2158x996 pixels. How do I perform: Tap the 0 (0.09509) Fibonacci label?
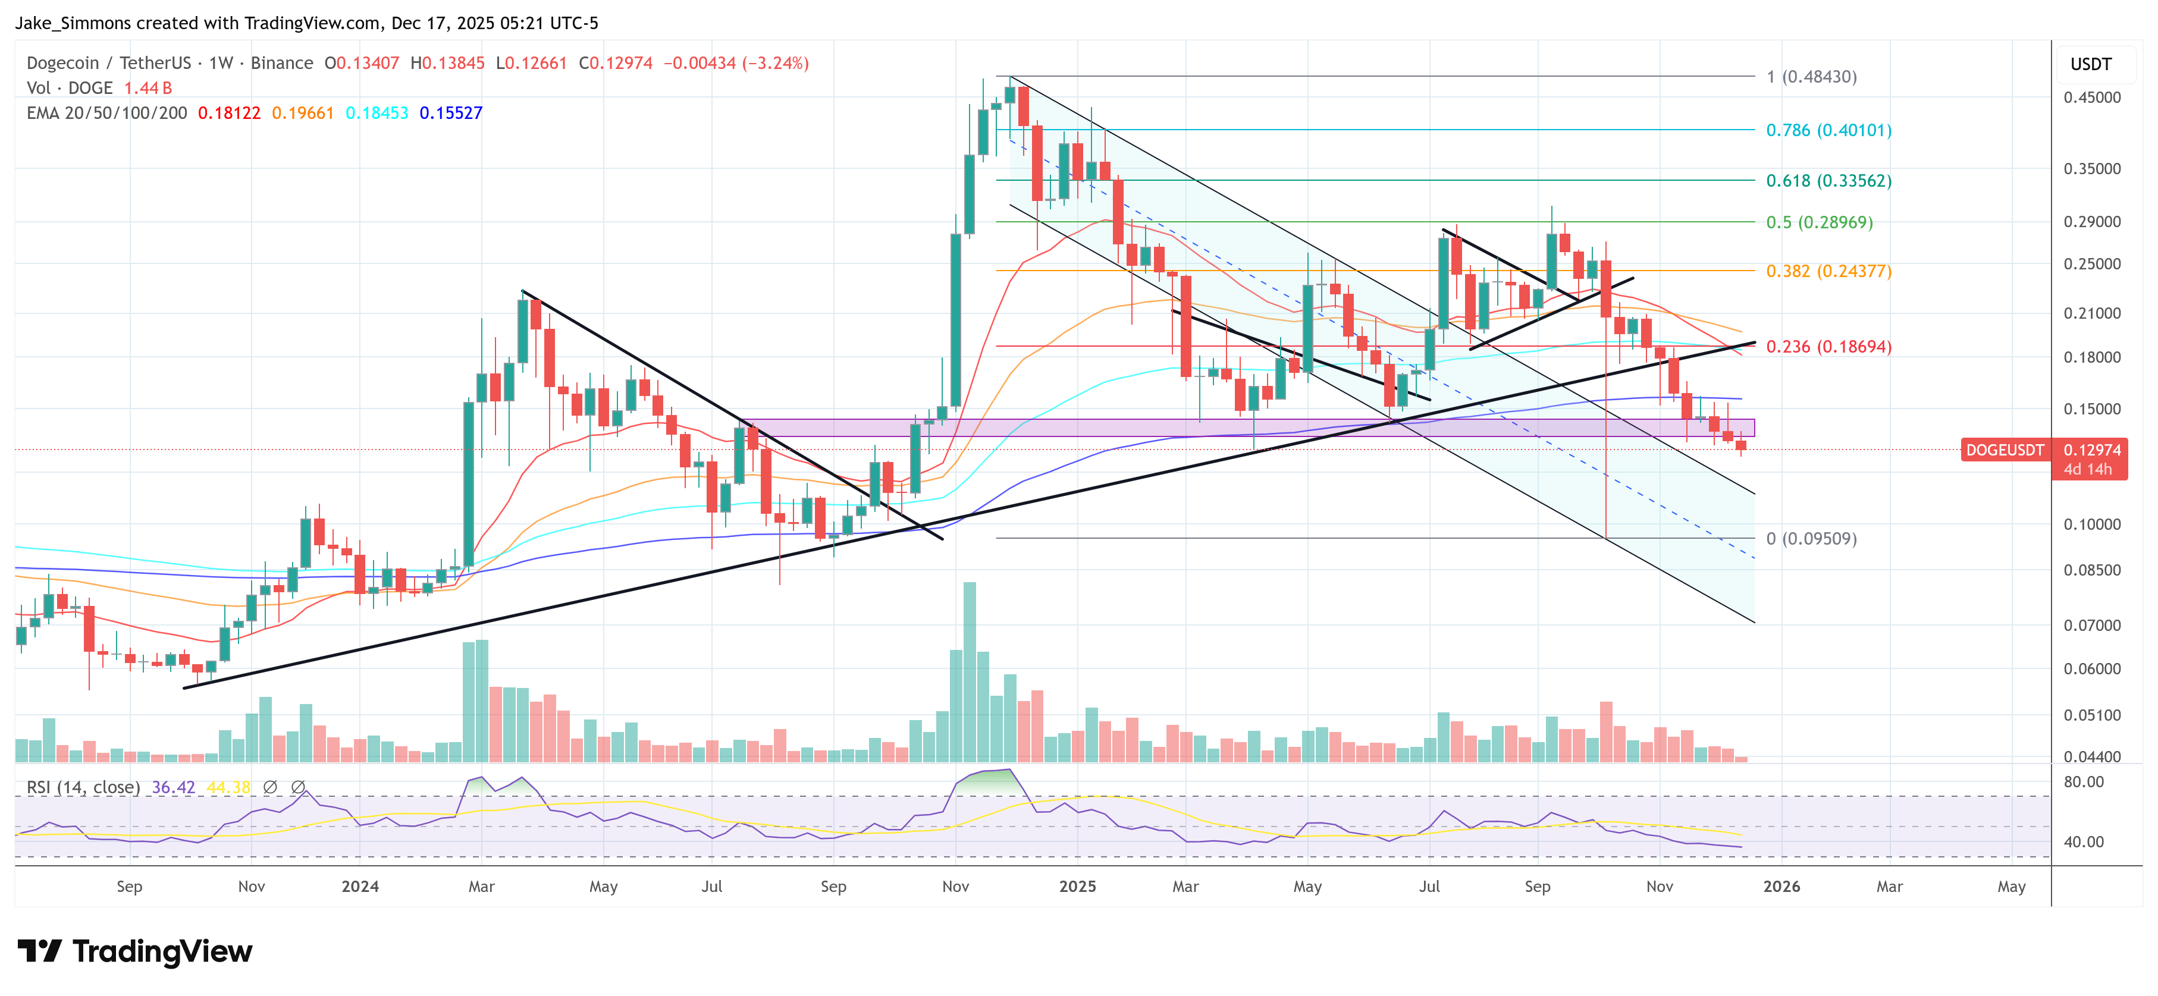pos(1811,539)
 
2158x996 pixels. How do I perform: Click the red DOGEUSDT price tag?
pos(2004,450)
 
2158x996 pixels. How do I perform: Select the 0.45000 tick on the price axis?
pos(2092,97)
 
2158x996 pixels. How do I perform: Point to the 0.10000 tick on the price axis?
pos(2092,524)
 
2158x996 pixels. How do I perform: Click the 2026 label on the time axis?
pos(1781,886)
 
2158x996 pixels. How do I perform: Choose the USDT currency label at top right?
pos(2091,64)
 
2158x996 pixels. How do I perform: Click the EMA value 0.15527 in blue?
pos(451,113)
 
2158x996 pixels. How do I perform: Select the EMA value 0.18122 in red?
pos(228,113)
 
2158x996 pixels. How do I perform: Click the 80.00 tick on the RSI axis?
pos(2084,781)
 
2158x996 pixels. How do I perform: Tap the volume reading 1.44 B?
pos(148,88)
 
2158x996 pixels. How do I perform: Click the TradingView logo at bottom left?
pos(134,951)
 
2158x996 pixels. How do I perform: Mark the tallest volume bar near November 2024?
pos(970,670)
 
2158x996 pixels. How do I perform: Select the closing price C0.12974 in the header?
pos(616,63)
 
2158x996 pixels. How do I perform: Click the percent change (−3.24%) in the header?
pos(776,63)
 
